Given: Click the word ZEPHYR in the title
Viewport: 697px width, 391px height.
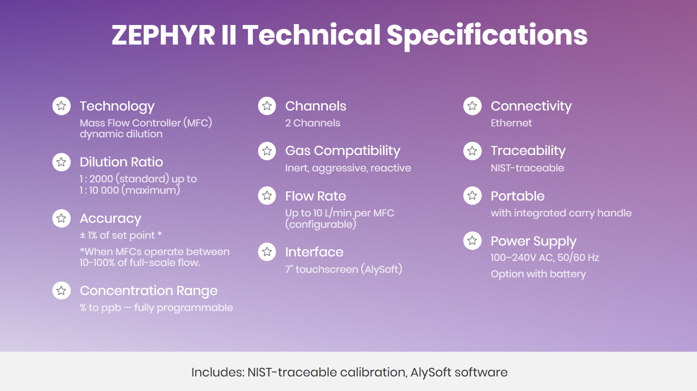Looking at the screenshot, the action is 163,35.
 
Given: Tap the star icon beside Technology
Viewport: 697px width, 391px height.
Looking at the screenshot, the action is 61,106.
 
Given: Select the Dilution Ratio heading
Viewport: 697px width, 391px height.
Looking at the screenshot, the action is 121,162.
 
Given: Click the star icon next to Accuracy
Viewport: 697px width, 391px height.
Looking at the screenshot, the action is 61,218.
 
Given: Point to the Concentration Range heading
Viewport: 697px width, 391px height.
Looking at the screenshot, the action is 148,291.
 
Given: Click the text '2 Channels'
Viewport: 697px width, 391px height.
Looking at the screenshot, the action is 313,123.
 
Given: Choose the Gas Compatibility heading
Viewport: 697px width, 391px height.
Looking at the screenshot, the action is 342,151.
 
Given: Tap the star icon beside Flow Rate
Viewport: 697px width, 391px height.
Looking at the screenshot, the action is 267,195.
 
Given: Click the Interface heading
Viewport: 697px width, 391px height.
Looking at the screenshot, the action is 314,252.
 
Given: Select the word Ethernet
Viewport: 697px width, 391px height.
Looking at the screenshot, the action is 511,123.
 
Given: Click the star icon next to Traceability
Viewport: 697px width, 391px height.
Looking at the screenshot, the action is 472,151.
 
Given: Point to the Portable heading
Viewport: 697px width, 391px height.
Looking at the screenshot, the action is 518,196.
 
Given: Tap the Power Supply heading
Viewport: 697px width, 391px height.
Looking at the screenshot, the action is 534,241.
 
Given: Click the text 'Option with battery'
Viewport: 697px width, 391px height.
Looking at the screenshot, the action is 539,274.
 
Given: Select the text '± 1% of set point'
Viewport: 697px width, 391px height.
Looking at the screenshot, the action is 117,235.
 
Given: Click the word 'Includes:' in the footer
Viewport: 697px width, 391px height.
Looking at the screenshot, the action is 218,372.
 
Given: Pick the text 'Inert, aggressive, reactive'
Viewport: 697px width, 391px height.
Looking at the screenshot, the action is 348,168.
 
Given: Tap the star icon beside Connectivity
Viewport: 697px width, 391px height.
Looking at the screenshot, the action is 472,106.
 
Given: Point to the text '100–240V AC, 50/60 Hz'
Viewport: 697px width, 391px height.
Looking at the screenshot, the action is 545,258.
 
